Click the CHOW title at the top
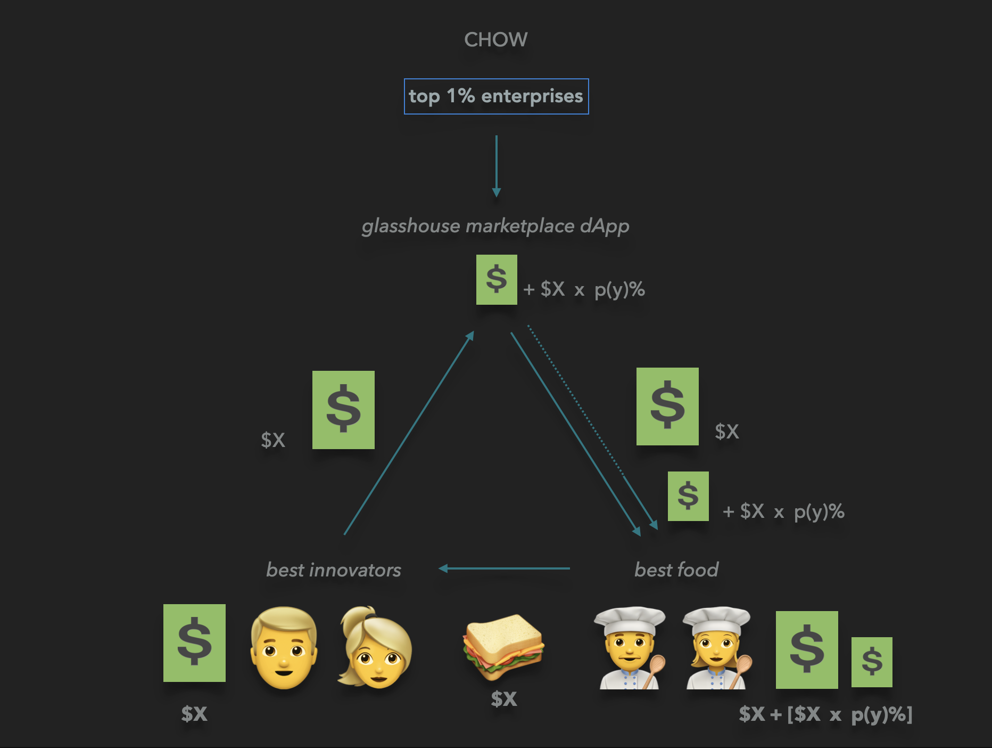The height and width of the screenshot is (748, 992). (x=495, y=40)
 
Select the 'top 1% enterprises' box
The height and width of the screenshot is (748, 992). (x=496, y=96)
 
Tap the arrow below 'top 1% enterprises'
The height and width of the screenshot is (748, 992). (x=496, y=166)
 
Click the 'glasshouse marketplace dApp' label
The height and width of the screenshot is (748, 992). (x=495, y=226)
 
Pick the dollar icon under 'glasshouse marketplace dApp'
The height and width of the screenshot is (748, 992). (x=497, y=280)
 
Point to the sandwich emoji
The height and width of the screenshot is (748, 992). (x=502, y=646)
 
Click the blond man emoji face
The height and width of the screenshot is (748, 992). (x=284, y=648)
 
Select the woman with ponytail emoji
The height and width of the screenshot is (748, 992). (x=375, y=648)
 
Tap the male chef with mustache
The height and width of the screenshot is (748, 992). (x=630, y=648)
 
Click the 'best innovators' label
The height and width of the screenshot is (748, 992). (x=334, y=570)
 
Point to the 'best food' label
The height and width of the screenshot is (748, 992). (x=676, y=570)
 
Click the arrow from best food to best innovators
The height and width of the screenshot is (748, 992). (x=504, y=568)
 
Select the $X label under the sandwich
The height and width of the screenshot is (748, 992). (x=503, y=699)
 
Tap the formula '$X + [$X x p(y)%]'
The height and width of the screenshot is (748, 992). (x=825, y=714)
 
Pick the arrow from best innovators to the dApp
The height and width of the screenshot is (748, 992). (x=409, y=433)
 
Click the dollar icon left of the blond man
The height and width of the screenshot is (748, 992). (x=194, y=643)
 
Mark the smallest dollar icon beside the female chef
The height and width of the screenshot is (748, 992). (x=872, y=662)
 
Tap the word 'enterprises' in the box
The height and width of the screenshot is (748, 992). (x=532, y=96)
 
